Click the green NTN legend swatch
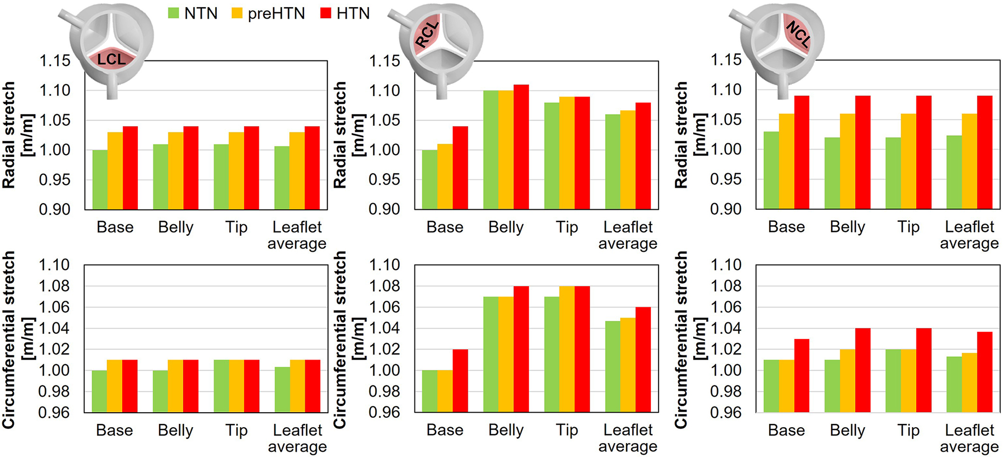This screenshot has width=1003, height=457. pos(173,13)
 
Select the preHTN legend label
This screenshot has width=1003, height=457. pos(276,13)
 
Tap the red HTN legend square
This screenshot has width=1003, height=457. pos(326,13)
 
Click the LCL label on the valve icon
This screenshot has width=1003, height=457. pos(112,59)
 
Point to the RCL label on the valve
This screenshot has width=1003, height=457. pos(427,36)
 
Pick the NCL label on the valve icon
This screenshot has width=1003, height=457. pos(798,35)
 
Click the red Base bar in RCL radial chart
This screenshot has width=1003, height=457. pos(460,168)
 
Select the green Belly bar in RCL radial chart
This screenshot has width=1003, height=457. pos(491,150)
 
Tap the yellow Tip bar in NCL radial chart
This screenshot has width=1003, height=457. pos(909,161)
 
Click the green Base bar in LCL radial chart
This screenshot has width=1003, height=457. pos(100,179)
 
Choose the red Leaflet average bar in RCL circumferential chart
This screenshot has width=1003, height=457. pos(643,360)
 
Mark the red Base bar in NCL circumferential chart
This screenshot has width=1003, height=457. pos(802,376)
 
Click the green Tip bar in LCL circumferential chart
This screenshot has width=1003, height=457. pos(221,386)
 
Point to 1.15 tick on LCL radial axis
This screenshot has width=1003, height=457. pos(55,61)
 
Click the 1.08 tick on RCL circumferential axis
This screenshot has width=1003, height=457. pos(385,286)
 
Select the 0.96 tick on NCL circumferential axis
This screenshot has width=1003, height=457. pos(726,413)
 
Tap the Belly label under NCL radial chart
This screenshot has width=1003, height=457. pos(847,227)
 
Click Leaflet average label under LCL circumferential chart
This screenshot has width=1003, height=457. pos(297,438)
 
